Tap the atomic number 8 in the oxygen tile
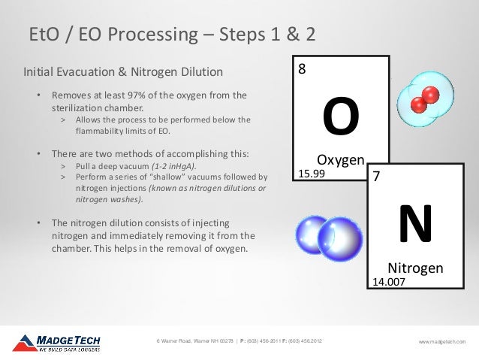click(302, 70)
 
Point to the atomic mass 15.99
click(312, 174)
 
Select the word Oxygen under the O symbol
click(340, 159)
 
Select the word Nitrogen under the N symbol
click(414, 268)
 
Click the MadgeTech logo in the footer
click(57, 343)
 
